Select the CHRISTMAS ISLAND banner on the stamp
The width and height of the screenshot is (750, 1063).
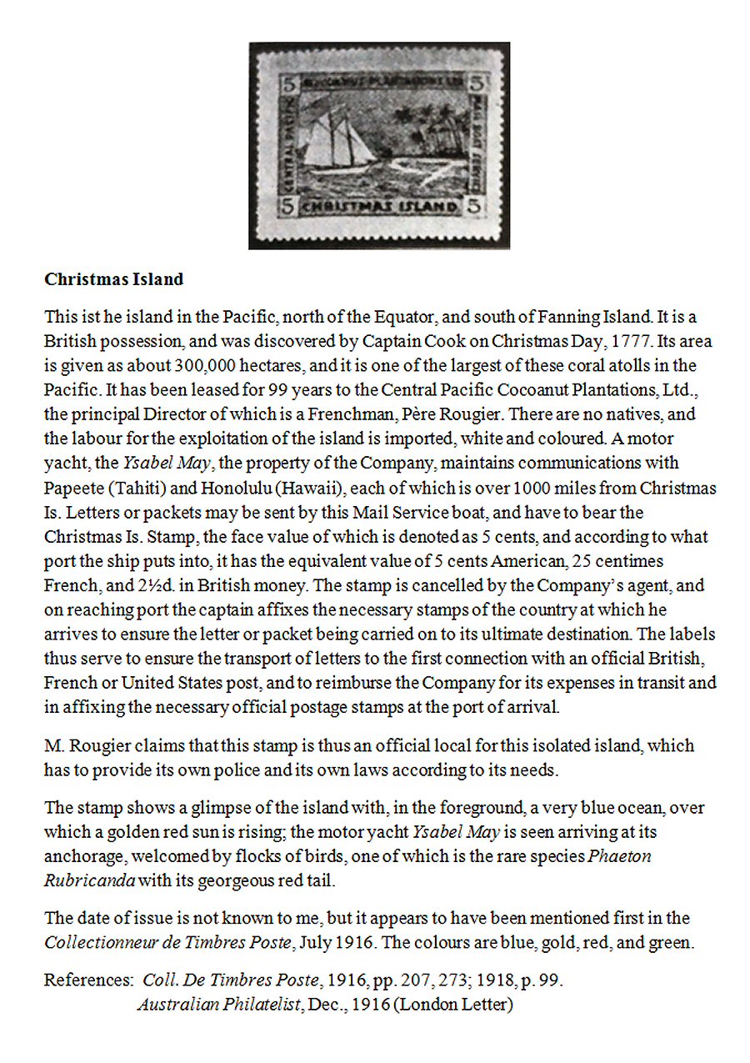(380, 207)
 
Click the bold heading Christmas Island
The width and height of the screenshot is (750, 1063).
(113, 279)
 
